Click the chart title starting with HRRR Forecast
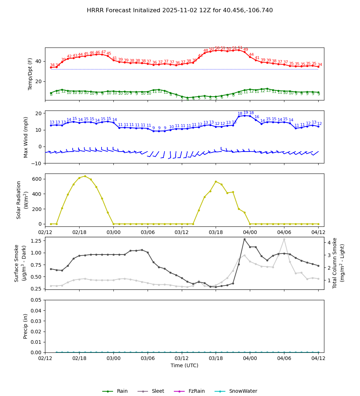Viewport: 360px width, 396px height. (x=180, y=10)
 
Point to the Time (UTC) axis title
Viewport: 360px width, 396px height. (x=184, y=365)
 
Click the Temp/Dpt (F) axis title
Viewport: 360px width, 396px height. (x=31, y=74)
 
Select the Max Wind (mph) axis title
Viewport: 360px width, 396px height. (x=26, y=137)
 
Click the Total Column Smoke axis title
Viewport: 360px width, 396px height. (x=338, y=263)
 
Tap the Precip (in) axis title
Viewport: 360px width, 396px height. (x=26, y=326)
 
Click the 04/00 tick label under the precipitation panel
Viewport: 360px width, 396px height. (x=250, y=359)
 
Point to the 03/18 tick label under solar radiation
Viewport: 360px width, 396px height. (x=216, y=233)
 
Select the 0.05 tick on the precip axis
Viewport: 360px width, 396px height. (x=36, y=300)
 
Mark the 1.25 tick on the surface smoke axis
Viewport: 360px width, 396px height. (x=36, y=240)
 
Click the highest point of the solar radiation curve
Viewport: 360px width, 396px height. (x=85, y=176)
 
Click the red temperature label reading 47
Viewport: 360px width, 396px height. (x=103, y=52)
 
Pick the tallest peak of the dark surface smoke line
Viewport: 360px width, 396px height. (x=244, y=239)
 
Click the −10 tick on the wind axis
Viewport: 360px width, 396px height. (x=36, y=163)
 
